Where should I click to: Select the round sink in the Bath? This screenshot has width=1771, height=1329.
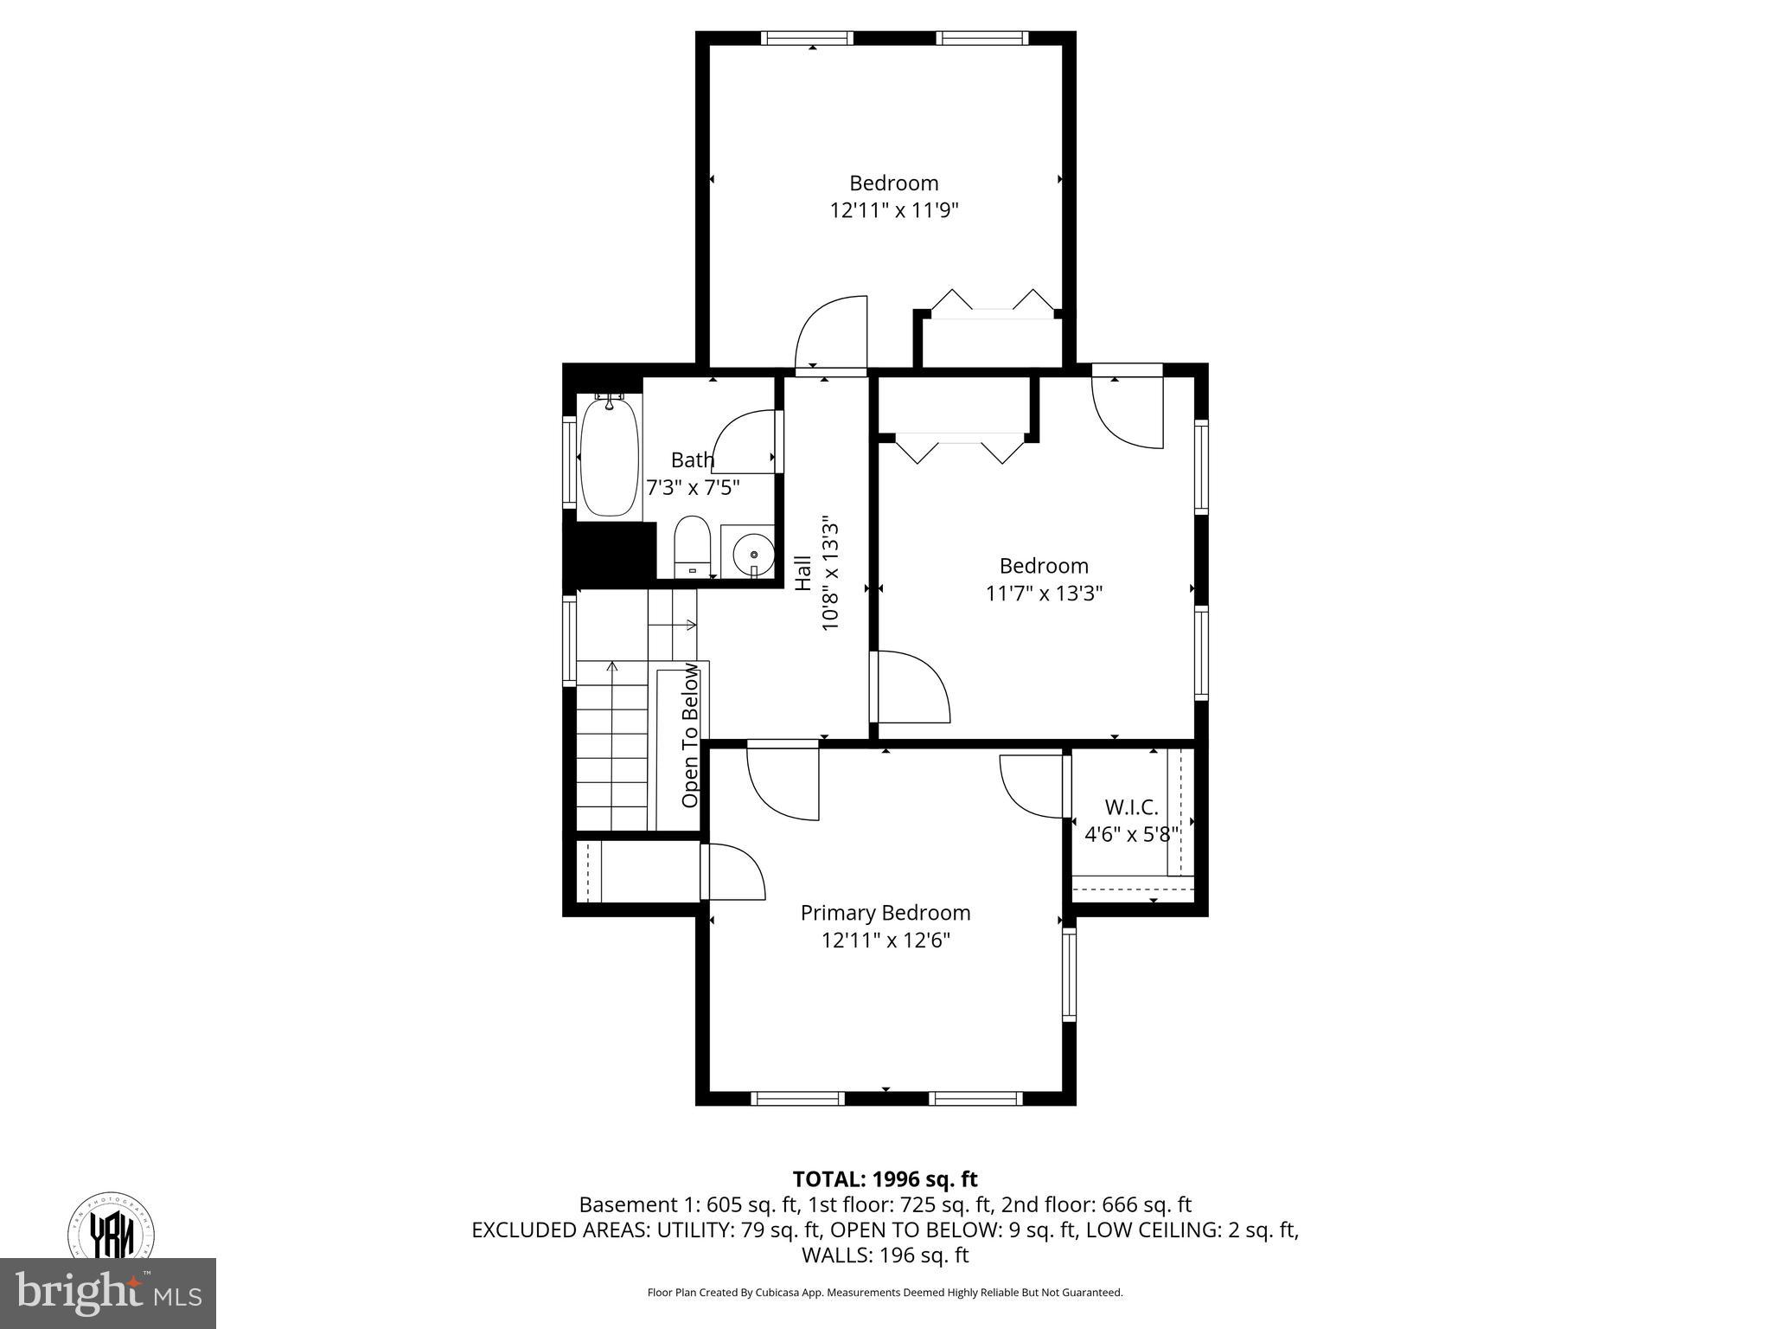(x=753, y=552)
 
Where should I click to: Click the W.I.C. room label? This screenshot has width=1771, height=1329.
(x=1131, y=807)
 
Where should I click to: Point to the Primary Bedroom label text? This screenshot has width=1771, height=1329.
(x=885, y=913)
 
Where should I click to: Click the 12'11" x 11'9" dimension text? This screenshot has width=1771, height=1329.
(x=893, y=210)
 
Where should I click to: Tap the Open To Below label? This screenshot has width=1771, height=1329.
(x=690, y=735)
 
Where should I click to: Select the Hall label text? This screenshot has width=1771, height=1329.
(x=803, y=573)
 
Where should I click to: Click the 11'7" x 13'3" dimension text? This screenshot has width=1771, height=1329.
(x=1044, y=594)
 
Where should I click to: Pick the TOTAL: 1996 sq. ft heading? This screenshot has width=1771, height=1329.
(x=885, y=1178)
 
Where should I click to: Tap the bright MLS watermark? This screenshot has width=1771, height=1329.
(x=108, y=1293)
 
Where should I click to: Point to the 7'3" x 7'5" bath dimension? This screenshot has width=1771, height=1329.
(x=693, y=487)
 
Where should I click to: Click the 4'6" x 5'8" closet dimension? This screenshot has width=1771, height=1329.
(x=1131, y=835)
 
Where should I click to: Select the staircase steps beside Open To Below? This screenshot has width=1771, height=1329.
(x=611, y=744)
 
